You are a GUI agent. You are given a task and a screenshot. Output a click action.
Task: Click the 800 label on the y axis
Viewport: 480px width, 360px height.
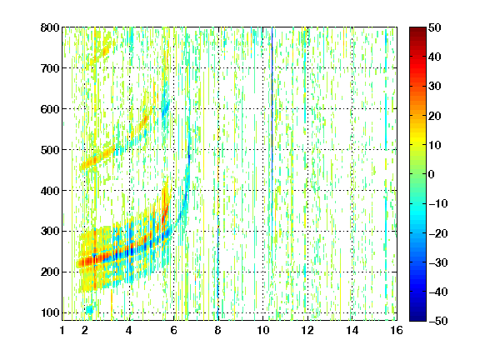point(50,27)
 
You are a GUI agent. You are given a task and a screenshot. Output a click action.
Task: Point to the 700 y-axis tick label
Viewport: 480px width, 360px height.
point(50,68)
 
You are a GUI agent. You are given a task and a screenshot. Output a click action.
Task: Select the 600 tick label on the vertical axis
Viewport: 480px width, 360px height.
point(50,109)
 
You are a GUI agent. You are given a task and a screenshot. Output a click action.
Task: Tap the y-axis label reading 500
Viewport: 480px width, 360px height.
point(50,150)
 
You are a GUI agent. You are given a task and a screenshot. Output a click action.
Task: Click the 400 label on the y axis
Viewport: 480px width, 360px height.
point(50,191)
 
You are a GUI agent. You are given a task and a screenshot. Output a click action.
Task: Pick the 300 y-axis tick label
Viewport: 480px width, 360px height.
point(50,232)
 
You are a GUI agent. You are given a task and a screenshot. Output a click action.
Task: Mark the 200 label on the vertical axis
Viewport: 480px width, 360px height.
point(50,272)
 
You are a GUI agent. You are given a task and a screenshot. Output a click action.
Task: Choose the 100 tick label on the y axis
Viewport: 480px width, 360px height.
point(50,312)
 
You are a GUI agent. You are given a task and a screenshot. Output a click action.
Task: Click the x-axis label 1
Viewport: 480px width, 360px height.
point(62,330)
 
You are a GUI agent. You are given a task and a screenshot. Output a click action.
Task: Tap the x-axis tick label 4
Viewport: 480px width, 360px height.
point(129,330)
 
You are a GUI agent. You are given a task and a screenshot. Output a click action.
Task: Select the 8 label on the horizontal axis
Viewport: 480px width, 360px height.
point(217,330)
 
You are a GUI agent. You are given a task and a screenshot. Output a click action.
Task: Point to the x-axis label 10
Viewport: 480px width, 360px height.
point(262,330)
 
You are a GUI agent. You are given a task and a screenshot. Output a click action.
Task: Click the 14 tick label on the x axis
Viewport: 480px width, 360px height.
point(352,330)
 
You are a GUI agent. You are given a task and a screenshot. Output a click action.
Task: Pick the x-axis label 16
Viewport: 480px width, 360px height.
point(397,330)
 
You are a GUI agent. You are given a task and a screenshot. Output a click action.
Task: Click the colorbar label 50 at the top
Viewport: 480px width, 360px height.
point(435,27)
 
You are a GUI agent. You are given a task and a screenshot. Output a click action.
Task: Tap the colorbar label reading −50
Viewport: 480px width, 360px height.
point(438,321)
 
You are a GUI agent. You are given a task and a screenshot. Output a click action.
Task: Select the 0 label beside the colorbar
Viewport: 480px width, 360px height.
point(432,174)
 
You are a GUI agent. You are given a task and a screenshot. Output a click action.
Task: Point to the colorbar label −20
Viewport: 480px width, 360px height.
point(438,233)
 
